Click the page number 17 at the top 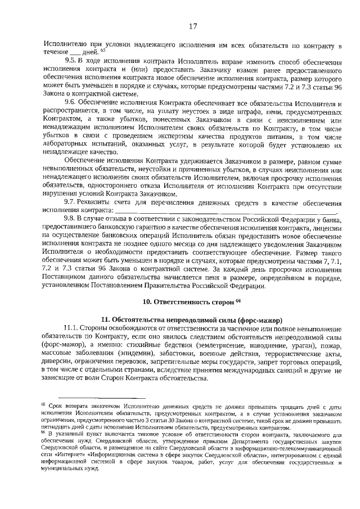click(x=192, y=25)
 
